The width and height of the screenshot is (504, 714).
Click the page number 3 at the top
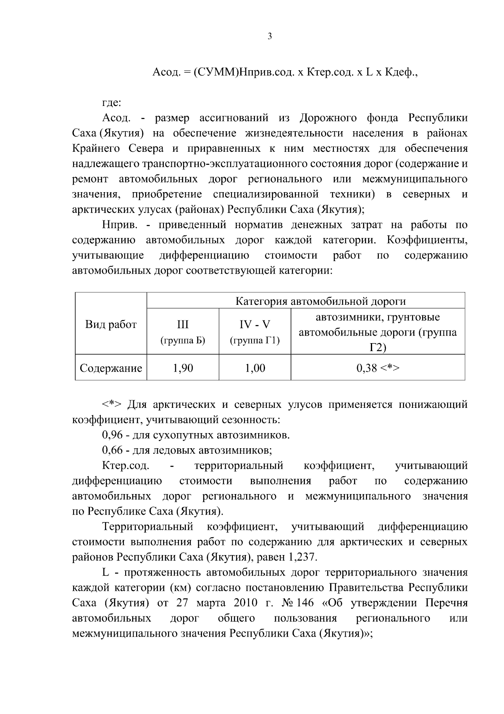[270, 37]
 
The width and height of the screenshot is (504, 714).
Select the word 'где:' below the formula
[112, 103]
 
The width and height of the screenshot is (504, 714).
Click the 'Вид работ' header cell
[111, 325]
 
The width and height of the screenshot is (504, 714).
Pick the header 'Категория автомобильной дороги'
[320, 301]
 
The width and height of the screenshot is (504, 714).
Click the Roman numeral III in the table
[183, 325]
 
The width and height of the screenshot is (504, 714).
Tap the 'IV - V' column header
[255, 325]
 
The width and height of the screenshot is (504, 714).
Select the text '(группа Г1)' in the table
[255, 340]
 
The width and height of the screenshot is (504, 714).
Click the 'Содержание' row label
[111, 368]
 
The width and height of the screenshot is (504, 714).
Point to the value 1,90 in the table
[183, 368]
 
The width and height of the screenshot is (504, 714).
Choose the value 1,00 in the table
[255, 368]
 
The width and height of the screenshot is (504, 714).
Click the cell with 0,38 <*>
[378, 368]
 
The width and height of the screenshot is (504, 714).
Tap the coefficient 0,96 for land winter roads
[112, 435]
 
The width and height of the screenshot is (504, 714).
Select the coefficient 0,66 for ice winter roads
[112, 450]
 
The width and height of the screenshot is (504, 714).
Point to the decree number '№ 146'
[299, 603]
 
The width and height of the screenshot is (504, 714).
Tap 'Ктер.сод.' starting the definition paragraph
[125, 465]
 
